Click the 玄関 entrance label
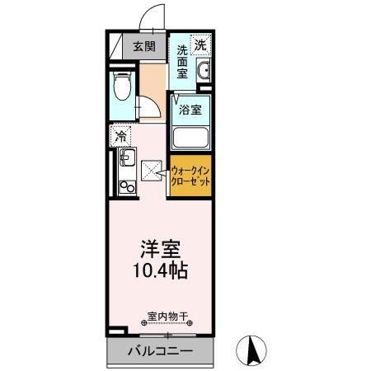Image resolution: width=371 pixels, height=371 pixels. pos(145,46)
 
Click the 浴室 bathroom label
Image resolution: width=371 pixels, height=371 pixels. pos(191,107)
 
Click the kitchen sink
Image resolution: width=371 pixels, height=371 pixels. pos(125,157)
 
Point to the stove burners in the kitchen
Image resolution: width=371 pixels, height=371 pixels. pos(126,187)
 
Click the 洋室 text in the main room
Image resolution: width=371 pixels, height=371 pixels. pos(162,248)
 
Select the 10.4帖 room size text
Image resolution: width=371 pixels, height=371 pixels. pos(162,270)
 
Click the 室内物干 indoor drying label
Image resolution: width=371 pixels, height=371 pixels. pos(167,316)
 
